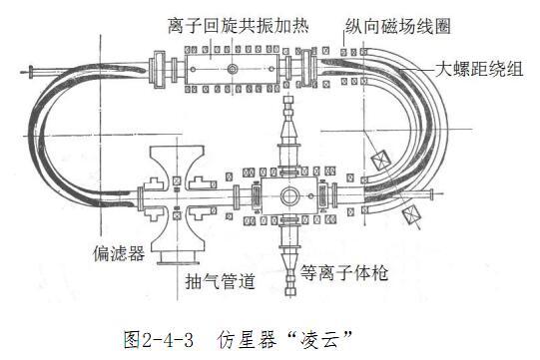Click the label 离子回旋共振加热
pyautogui.click(x=239, y=26)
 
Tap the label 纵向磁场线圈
pyautogui.click(x=398, y=26)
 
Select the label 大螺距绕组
pyautogui.click(x=479, y=69)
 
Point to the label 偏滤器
pyautogui.click(x=119, y=253)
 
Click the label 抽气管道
pyautogui.click(x=220, y=281)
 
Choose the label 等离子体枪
pyautogui.click(x=344, y=273)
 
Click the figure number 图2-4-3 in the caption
pyautogui.click(x=159, y=340)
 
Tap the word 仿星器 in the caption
pyautogui.click(x=247, y=340)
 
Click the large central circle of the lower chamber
pyautogui.click(x=290, y=196)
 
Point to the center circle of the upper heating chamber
pyautogui.click(x=233, y=69)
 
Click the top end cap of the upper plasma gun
pyautogui.click(x=288, y=100)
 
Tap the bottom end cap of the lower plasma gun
pyautogui.click(x=291, y=292)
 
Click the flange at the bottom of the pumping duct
pyautogui.click(x=178, y=263)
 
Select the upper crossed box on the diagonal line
pyautogui.click(x=381, y=161)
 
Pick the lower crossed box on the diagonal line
pyautogui.click(x=412, y=213)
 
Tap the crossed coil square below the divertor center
pyautogui.click(x=177, y=215)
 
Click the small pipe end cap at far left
pyautogui.click(x=31, y=72)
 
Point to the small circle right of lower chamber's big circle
pyautogui.click(x=311, y=195)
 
